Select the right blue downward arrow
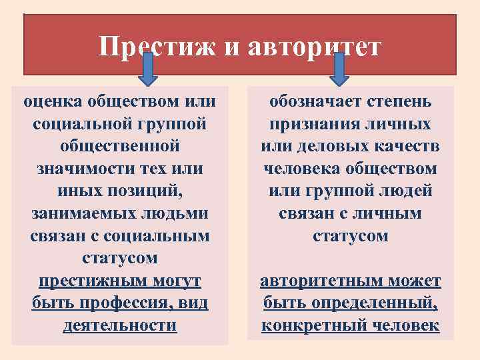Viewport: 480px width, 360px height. pyautogui.click(x=339, y=69)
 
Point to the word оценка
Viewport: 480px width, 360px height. pyautogui.click(x=54, y=102)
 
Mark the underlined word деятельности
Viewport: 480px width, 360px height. pyautogui.click(x=120, y=325)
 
